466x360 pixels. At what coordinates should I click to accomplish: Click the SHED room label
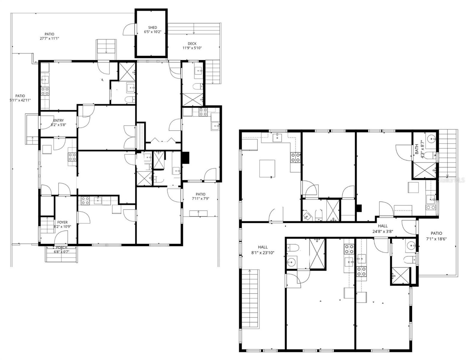(152, 28)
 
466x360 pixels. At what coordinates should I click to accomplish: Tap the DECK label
(192, 44)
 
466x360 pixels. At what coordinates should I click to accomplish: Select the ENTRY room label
(58, 121)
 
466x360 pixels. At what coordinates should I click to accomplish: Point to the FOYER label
(62, 222)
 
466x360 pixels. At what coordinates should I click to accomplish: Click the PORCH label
(62, 247)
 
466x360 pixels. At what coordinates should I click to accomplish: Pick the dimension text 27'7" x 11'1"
(50, 38)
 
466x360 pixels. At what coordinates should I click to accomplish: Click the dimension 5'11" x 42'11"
(20, 100)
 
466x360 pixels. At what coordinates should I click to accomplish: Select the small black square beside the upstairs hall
(359, 208)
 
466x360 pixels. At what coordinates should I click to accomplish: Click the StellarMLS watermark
(452, 180)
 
